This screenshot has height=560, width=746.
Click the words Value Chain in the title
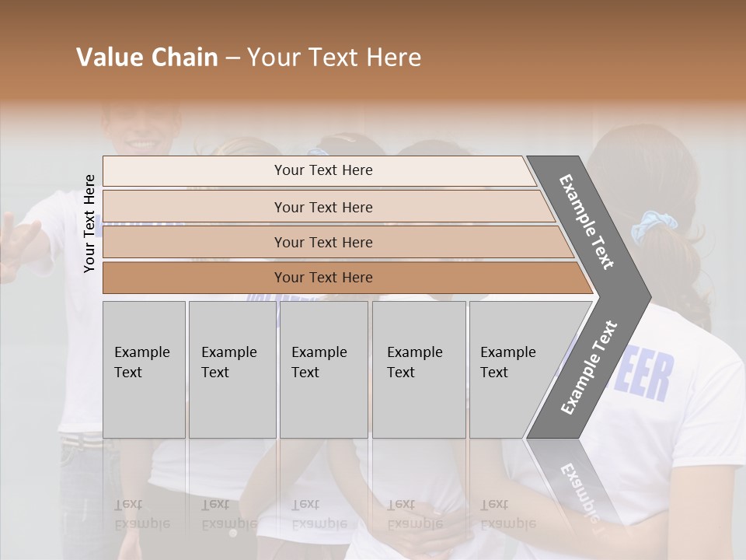(147, 58)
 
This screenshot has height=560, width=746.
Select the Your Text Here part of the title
(334, 58)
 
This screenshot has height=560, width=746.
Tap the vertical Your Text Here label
(89, 224)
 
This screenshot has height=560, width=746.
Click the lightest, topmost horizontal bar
(319, 170)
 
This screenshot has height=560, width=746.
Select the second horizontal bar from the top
(326, 207)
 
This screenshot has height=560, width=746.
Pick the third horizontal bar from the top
(334, 242)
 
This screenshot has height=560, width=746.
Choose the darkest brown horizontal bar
(342, 278)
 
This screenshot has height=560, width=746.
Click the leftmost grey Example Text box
(144, 369)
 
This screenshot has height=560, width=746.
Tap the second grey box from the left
(232, 369)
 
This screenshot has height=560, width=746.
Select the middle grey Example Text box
(323, 369)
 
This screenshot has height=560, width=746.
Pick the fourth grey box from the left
(419, 369)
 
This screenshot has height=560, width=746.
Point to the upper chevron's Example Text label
(587, 222)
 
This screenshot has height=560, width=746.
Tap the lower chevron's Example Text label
(589, 367)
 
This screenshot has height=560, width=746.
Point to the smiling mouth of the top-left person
(142, 144)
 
